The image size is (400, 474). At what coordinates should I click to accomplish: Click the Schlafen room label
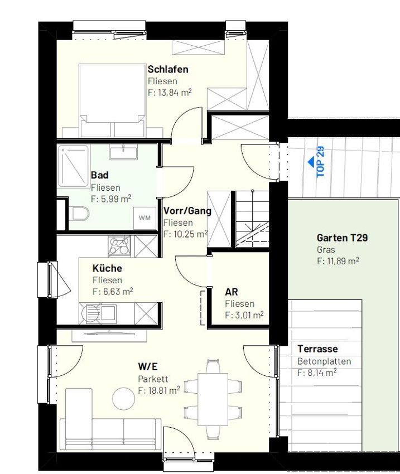coord(168,69)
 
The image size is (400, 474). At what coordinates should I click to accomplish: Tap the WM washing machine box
coord(144,217)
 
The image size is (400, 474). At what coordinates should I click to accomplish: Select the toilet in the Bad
coord(81,214)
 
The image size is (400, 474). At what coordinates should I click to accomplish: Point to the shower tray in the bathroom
coord(74,166)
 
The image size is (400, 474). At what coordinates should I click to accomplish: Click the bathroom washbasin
coord(123,152)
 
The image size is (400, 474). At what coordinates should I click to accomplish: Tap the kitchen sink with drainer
coord(98,313)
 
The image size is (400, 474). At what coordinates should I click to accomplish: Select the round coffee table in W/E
coord(124,399)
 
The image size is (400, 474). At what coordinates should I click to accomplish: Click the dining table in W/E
coord(213,399)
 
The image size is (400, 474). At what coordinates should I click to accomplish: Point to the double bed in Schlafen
coord(113,100)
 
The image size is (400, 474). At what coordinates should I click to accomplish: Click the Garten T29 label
coord(342,238)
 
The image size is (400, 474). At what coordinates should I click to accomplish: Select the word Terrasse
coord(317,349)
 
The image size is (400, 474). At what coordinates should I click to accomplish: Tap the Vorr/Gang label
coord(187,211)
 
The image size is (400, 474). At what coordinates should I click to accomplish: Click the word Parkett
coord(153,379)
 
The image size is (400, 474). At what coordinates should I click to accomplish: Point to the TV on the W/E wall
coord(109,334)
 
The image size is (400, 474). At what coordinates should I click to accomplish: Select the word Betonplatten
coord(324,361)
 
